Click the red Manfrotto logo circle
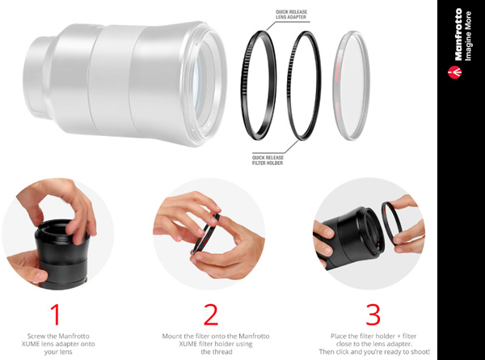pyautogui.click(x=454, y=72)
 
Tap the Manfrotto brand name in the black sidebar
pyautogui.click(x=458, y=34)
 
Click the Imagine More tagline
pyautogui.click(x=468, y=36)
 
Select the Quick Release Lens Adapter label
pyautogui.click(x=291, y=15)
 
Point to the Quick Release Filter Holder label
pyautogui.click(x=268, y=160)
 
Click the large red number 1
pyautogui.click(x=55, y=315)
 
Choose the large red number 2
pyautogui.click(x=211, y=315)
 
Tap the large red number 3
pyautogui.click(x=373, y=315)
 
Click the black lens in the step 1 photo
pyautogui.click(x=62, y=254)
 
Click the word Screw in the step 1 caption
pyautogui.click(x=36, y=337)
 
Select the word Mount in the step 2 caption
pyautogui.click(x=172, y=337)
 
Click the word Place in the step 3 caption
pyautogui.click(x=339, y=337)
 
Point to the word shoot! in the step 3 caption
pyautogui.click(x=420, y=352)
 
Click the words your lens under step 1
pyautogui.click(x=58, y=352)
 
